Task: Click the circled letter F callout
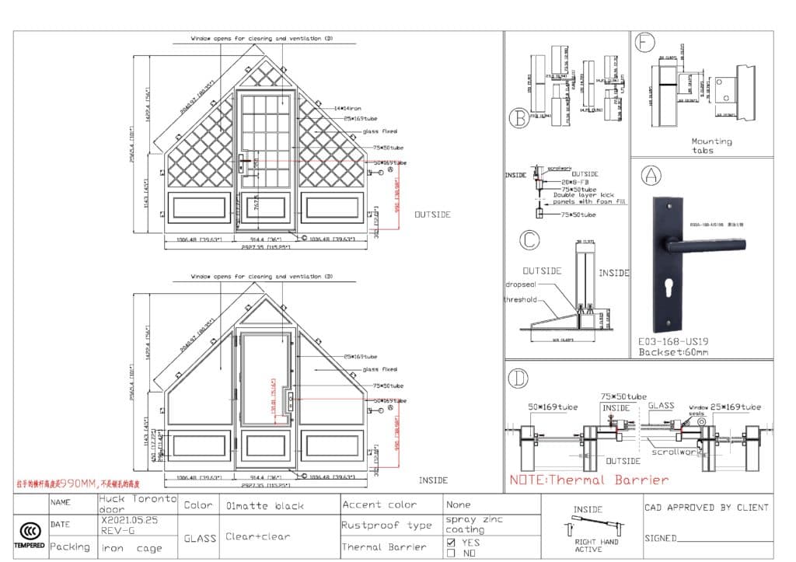[x=644, y=43]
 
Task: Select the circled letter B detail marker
[x=518, y=117]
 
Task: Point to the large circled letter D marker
[x=517, y=379]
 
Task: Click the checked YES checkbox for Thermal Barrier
[x=451, y=542]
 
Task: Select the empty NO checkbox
[x=451, y=553]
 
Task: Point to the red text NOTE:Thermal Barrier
[x=588, y=480]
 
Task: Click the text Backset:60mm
[x=673, y=352]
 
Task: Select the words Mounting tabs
[x=711, y=145]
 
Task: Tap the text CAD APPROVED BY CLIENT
[x=706, y=508]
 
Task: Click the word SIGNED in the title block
[x=660, y=538]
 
